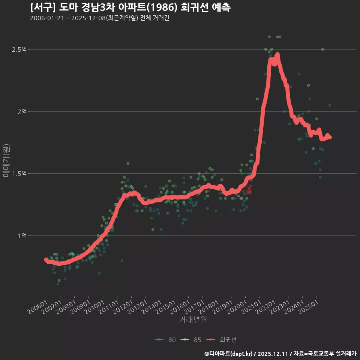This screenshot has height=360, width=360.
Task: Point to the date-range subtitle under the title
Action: (99, 18)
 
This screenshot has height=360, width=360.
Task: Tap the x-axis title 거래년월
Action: (193, 320)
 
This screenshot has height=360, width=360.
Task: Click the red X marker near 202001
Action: (249, 191)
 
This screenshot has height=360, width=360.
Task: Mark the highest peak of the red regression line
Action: (277, 55)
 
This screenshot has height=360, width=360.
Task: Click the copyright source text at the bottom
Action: (280, 354)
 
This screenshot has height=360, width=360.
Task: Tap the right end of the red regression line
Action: (330, 137)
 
